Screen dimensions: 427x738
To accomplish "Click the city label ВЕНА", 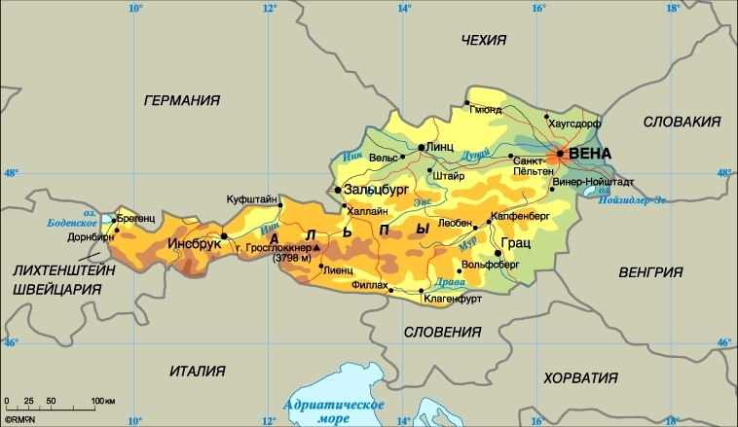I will pos(591,154).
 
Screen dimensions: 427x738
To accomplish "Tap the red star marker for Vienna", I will pos(560,154).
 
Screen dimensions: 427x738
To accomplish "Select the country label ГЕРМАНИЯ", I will pos(181,100).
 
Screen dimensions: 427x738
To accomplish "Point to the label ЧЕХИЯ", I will pos(484,40).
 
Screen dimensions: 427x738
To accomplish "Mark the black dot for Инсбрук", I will pos(224,235).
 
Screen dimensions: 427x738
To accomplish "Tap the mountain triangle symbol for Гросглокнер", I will pos(315,247).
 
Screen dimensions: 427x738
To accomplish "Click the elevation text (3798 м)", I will pos(292,258).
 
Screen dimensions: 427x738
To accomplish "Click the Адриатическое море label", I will pos(332,410).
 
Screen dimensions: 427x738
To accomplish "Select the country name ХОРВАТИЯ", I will pos(581,377).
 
